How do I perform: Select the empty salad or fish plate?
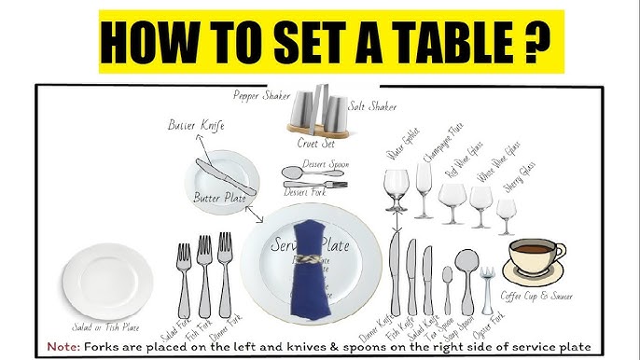tap(107, 281)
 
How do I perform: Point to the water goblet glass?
tap(397, 190)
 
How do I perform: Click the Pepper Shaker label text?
tap(262, 94)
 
